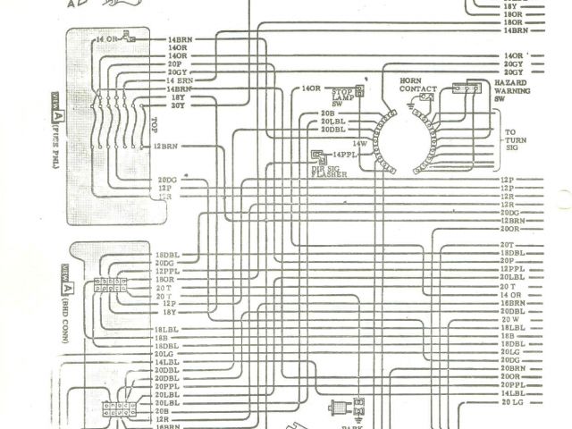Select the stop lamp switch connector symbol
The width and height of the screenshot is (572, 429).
[359, 90]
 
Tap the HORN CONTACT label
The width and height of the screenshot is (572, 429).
[416, 85]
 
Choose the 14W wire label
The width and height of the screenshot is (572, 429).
[359, 143]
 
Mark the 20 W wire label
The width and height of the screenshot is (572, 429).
[510, 319]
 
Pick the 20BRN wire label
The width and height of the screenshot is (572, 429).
[513, 368]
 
